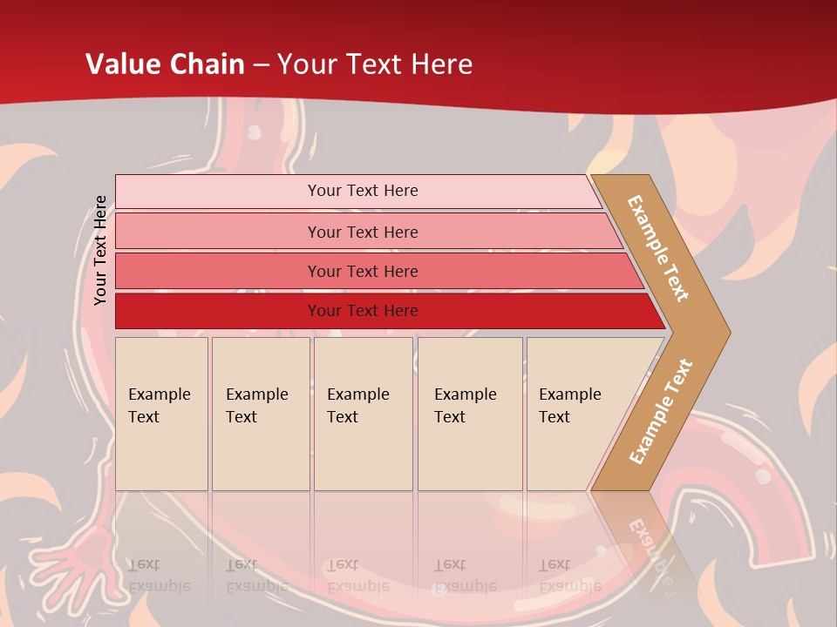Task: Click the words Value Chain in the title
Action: coord(165,64)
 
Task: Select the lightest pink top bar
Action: coord(218,192)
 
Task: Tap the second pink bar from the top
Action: coord(218,232)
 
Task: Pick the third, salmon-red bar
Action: coord(218,271)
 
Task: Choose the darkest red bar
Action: coord(218,311)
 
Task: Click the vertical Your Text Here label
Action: coord(100,250)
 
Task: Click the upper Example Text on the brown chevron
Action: coord(659,248)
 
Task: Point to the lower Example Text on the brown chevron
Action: coord(661,411)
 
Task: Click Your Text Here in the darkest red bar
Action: coord(363,311)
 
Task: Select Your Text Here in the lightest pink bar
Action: coord(363,191)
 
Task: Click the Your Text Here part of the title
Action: coord(375,64)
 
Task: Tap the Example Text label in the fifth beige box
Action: coord(569,406)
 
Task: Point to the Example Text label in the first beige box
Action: coord(159,406)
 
